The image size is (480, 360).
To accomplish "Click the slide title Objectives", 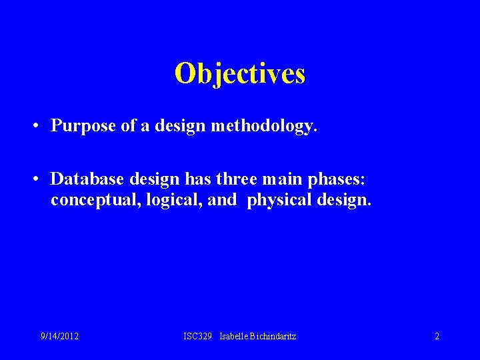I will [240, 73].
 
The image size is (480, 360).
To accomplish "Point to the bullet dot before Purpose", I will [33, 125].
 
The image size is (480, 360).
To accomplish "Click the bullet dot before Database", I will [33, 179].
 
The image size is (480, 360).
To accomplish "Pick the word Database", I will [85, 179].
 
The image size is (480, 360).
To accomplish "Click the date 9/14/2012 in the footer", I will [59, 337].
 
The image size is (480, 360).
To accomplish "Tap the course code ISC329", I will [198, 337].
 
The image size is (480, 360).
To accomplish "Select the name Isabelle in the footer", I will [235, 337].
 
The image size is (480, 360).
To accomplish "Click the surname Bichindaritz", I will [274, 337].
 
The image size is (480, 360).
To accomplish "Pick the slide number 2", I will [437, 337].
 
